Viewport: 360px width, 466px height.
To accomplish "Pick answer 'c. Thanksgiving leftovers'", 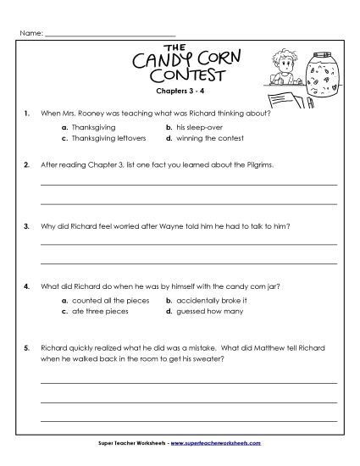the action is coord(105,136).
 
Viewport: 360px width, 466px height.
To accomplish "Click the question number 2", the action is coord(28,164).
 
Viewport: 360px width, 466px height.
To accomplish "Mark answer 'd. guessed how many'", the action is coord(203,311).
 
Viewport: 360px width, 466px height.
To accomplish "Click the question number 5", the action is coord(28,347).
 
